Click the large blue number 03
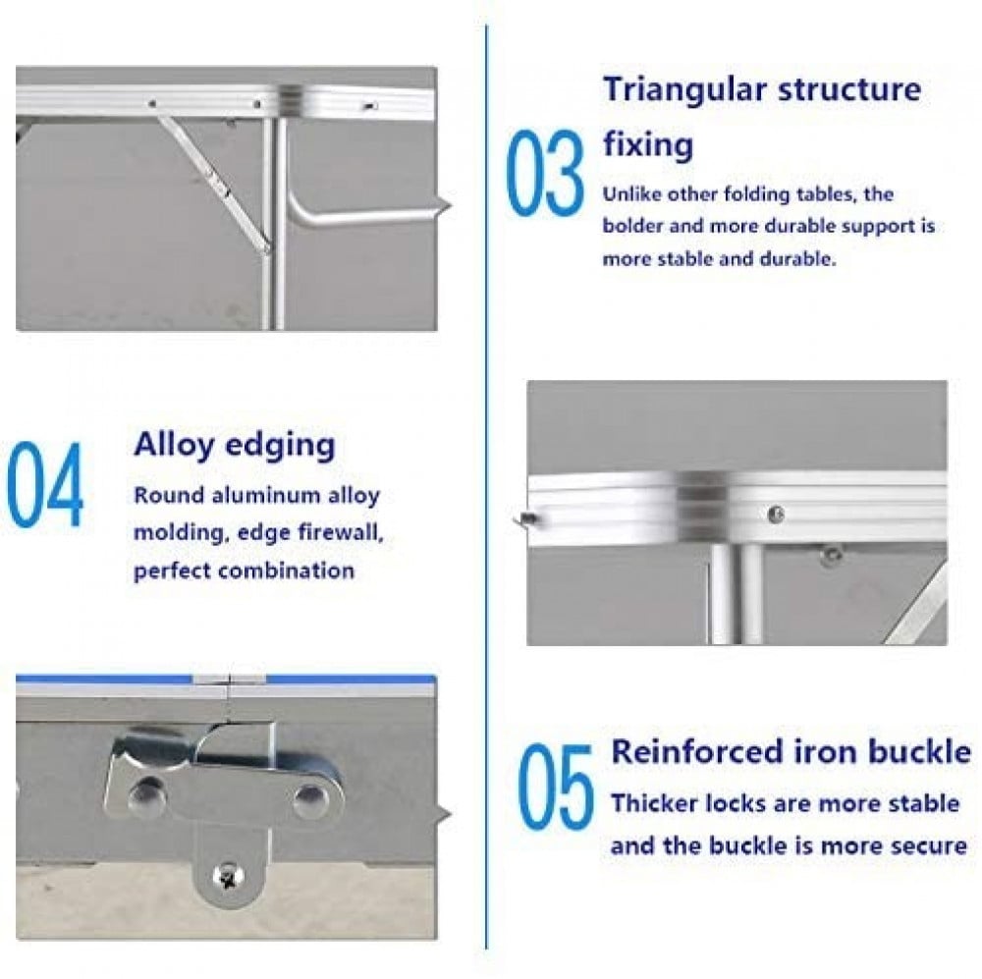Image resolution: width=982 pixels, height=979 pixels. [544, 173]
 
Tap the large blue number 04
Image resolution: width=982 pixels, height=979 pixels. [44, 484]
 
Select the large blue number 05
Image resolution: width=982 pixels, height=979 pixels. [556, 787]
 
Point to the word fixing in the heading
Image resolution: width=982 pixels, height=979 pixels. [648, 144]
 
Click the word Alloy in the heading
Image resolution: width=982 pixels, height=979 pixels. [174, 447]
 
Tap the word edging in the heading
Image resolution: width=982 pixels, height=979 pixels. [280, 447]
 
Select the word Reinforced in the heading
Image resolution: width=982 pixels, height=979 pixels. [697, 751]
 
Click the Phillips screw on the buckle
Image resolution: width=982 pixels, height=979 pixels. [226, 876]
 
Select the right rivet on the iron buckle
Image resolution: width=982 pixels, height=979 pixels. [309, 800]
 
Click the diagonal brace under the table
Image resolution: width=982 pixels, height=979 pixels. [213, 183]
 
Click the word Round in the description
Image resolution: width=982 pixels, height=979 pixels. [169, 496]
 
